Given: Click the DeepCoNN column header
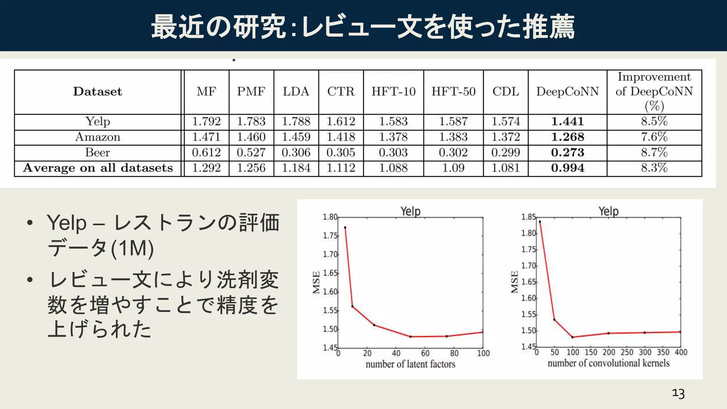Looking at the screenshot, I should pyautogui.click(x=567, y=92).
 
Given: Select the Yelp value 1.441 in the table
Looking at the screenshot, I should pyautogui.click(x=567, y=121).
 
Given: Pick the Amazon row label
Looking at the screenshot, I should pyautogui.click(x=98, y=137).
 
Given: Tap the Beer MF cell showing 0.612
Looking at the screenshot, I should pyautogui.click(x=206, y=153).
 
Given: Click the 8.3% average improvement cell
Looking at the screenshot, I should pyautogui.click(x=654, y=168).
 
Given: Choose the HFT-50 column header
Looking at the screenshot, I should pyautogui.click(x=453, y=92).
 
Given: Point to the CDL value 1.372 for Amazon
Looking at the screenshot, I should pyautogui.click(x=505, y=137).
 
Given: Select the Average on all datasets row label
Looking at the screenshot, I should pyautogui.click(x=98, y=168).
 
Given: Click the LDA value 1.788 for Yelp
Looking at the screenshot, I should pyautogui.click(x=296, y=121).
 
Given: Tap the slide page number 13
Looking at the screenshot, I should pyautogui.click(x=678, y=394).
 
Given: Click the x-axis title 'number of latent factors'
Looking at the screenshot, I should pyautogui.click(x=410, y=364).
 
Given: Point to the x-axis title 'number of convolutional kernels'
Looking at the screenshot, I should pyautogui.click(x=608, y=363).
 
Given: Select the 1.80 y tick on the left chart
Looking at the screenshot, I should pyautogui.click(x=330, y=217).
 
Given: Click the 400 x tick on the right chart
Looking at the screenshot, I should pyautogui.click(x=681, y=352).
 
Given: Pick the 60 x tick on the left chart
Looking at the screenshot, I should pyautogui.click(x=425, y=353).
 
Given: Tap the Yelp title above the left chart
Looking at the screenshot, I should pyautogui.click(x=410, y=211).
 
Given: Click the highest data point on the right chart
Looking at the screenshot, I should pyautogui.click(x=540, y=222).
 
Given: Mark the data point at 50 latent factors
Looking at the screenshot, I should pyautogui.click(x=410, y=337).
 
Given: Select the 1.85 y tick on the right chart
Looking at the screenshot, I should pyautogui.click(x=528, y=217).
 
